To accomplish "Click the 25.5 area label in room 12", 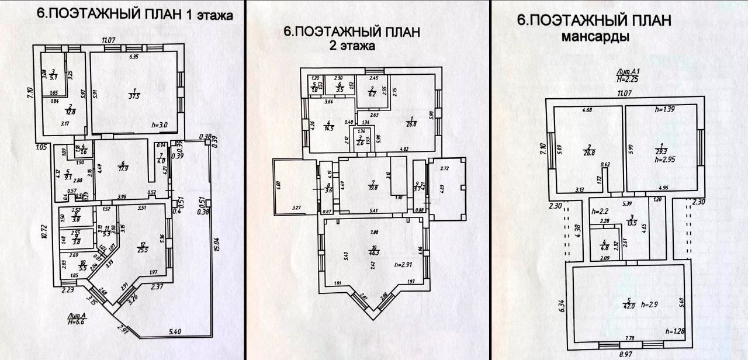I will (x=142, y=248).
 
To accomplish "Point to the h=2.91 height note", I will (x=403, y=265).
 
